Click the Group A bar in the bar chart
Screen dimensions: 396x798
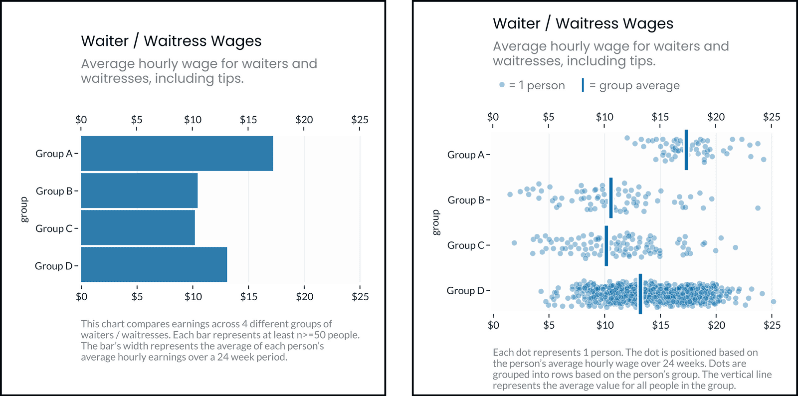[x=177, y=154]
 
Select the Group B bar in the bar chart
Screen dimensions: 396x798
[x=139, y=191]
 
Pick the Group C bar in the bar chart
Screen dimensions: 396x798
[x=138, y=228]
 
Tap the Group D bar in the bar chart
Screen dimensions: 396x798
[x=154, y=265]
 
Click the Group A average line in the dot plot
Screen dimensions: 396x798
[x=686, y=150]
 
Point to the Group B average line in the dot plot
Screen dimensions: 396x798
[x=611, y=198]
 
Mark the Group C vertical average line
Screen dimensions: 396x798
[x=606, y=246]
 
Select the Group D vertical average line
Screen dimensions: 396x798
[x=640, y=294]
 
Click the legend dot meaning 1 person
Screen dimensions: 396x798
[x=502, y=85]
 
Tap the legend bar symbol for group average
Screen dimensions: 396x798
[x=583, y=85]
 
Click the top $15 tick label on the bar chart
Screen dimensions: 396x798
[x=248, y=120]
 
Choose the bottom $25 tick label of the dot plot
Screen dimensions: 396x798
[x=772, y=325]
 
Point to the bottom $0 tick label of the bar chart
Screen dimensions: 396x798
[x=81, y=297]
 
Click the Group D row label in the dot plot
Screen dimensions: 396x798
[x=465, y=291]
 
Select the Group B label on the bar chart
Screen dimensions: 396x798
[x=54, y=191]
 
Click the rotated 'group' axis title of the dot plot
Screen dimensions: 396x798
[x=436, y=222]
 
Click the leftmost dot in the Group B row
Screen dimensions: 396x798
[x=510, y=195]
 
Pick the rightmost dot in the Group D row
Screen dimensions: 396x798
[x=774, y=302]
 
